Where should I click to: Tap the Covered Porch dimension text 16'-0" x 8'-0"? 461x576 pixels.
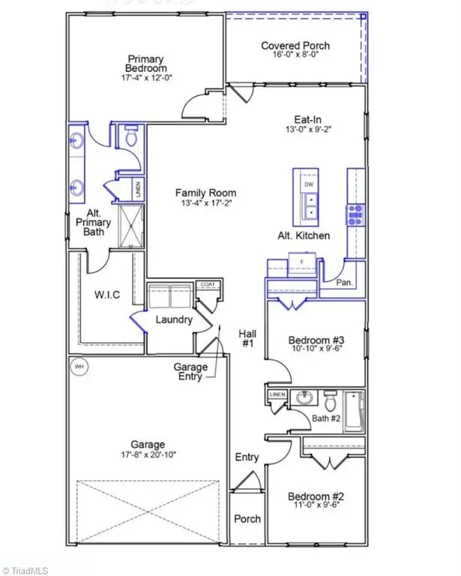(295, 58)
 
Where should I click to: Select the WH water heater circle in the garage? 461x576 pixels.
(78, 367)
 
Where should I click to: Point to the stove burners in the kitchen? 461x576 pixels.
(355, 214)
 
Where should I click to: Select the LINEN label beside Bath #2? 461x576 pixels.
(277, 394)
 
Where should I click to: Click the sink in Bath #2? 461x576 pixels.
(304, 397)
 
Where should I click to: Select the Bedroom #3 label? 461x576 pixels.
(316, 340)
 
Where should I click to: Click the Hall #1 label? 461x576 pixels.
(247, 339)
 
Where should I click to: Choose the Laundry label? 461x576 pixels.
(174, 320)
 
